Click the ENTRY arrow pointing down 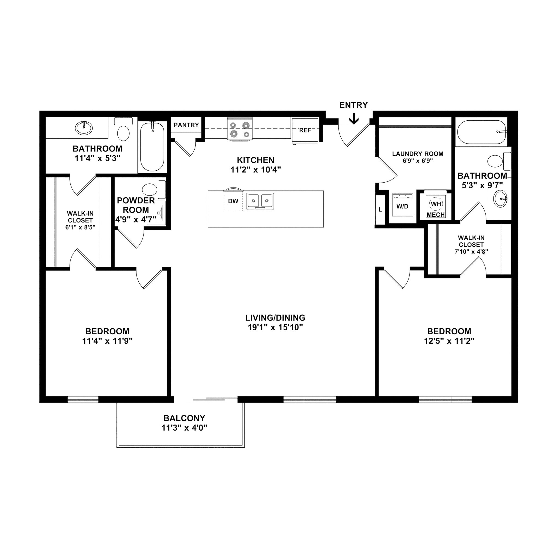tap(354, 119)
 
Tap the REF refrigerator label tap(305, 130)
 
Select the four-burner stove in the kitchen tap(240, 129)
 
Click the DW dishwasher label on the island tap(233, 201)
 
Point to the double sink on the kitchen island tap(260, 201)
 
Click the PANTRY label tap(186, 125)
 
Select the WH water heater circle tap(436, 204)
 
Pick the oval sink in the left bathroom tap(84, 127)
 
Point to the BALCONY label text tap(184, 418)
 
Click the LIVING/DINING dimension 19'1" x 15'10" tap(275, 328)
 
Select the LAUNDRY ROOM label tap(418, 154)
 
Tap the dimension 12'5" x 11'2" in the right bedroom tap(449, 341)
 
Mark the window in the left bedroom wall tap(83, 399)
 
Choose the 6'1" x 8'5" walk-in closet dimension tap(80, 227)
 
